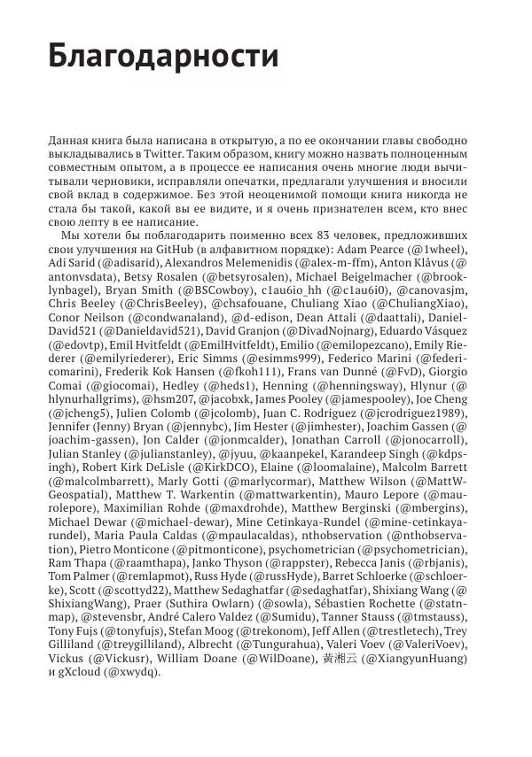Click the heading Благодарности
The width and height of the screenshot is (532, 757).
(x=163, y=56)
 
